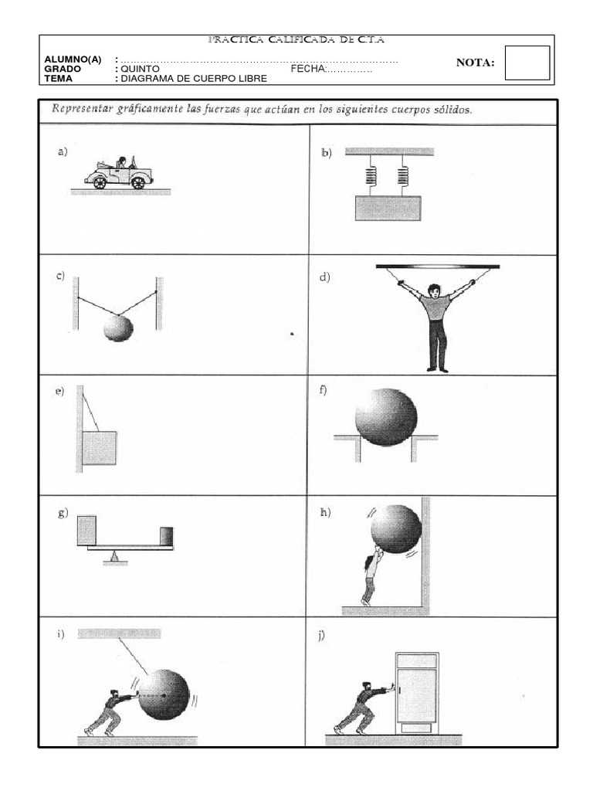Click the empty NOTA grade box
527,63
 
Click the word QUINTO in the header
140,69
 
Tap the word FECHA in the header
307,69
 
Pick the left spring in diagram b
371,178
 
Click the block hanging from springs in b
388,208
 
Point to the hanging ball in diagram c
118,328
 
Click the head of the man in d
435,291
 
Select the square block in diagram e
100,447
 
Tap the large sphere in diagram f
386,417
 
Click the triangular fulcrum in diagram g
115,555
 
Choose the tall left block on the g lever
86,530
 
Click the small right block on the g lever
166,535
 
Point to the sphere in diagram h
395,528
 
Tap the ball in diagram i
163,694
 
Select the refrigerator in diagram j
417,691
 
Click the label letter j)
320,636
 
